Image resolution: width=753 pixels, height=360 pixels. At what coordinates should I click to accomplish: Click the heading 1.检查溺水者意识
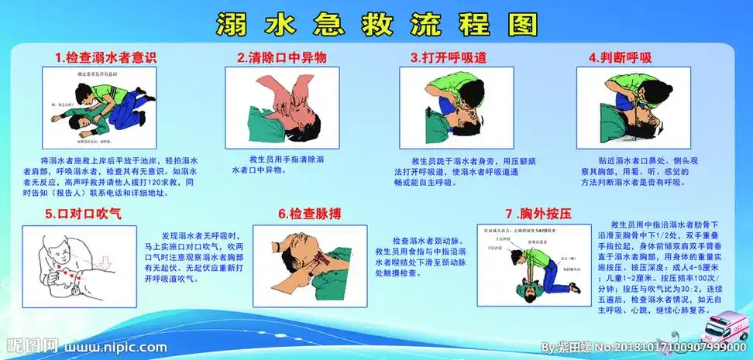pyautogui.click(x=106, y=57)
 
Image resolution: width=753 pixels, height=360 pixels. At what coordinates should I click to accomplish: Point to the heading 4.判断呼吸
pyautogui.click(x=620, y=57)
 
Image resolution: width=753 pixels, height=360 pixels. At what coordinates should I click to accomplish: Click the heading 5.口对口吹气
pyautogui.click(x=83, y=211)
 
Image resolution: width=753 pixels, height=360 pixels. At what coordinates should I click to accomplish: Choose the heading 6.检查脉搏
pyautogui.click(x=309, y=212)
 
